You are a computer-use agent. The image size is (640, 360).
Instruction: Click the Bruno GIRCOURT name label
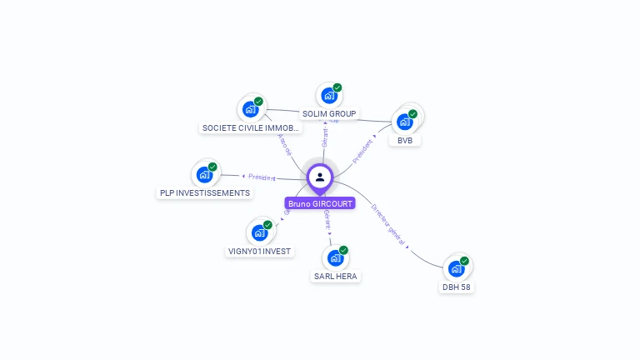pos(320,203)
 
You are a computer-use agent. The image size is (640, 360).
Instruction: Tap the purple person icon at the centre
pos(320,177)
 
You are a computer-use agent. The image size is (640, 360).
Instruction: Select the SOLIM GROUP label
pos(328,113)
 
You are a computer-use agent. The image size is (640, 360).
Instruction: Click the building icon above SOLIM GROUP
pos(328,96)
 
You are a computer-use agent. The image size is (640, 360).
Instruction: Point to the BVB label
pos(405,141)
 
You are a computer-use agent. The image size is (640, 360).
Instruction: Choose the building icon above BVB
pos(405,122)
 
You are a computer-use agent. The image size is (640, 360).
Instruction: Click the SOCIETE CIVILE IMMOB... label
pos(251,128)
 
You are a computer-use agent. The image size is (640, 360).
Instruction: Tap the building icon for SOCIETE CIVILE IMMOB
pos(250,109)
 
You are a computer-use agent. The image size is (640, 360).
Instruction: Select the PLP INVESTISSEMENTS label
pos(205,193)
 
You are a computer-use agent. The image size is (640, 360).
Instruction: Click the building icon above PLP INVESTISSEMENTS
pos(204,175)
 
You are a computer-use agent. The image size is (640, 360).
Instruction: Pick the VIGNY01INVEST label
pos(260,251)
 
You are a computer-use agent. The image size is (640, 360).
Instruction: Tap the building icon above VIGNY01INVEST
pos(259,232)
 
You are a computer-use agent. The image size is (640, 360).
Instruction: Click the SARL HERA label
pos(337,276)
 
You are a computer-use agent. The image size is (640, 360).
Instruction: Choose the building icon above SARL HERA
pos(335,257)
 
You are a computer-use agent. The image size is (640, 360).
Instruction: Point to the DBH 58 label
pos(457,287)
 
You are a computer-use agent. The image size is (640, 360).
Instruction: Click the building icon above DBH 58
pos(456,268)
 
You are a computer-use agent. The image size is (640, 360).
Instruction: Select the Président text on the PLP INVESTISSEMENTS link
pos(262,177)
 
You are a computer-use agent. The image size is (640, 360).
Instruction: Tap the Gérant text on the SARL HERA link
pos(327,219)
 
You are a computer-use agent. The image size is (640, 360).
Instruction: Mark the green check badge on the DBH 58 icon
pos(464,261)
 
